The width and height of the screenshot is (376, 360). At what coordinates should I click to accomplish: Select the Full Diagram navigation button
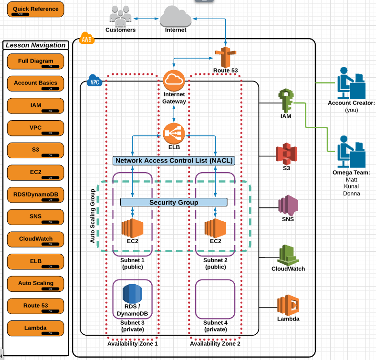pyautogui.click(x=36, y=62)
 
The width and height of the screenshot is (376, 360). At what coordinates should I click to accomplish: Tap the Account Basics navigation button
pyautogui.click(x=36, y=83)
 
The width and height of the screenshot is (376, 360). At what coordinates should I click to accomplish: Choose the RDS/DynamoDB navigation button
pyautogui.click(x=36, y=195)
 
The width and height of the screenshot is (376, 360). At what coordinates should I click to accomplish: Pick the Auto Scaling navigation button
pyautogui.click(x=36, y=284)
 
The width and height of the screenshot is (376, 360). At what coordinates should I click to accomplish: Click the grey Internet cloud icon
pyautogui.click(x=175, y=17)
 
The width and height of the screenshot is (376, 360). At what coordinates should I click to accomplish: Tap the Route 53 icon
pyautogui.click(x=225, y=57)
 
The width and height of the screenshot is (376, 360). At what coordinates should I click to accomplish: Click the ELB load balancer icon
pyautogui.click(x=174, y=133)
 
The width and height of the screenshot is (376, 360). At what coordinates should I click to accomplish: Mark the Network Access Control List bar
pyautogui.click(x=174, y=161)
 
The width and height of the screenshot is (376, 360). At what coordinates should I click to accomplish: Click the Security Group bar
pyautogui.click(x=174, y=202)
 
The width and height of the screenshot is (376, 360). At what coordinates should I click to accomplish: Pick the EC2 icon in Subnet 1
pyautogui.click(x=132, y=228)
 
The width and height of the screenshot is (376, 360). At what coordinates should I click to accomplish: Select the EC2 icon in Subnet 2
pyautogui.click(x=215, y=228)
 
